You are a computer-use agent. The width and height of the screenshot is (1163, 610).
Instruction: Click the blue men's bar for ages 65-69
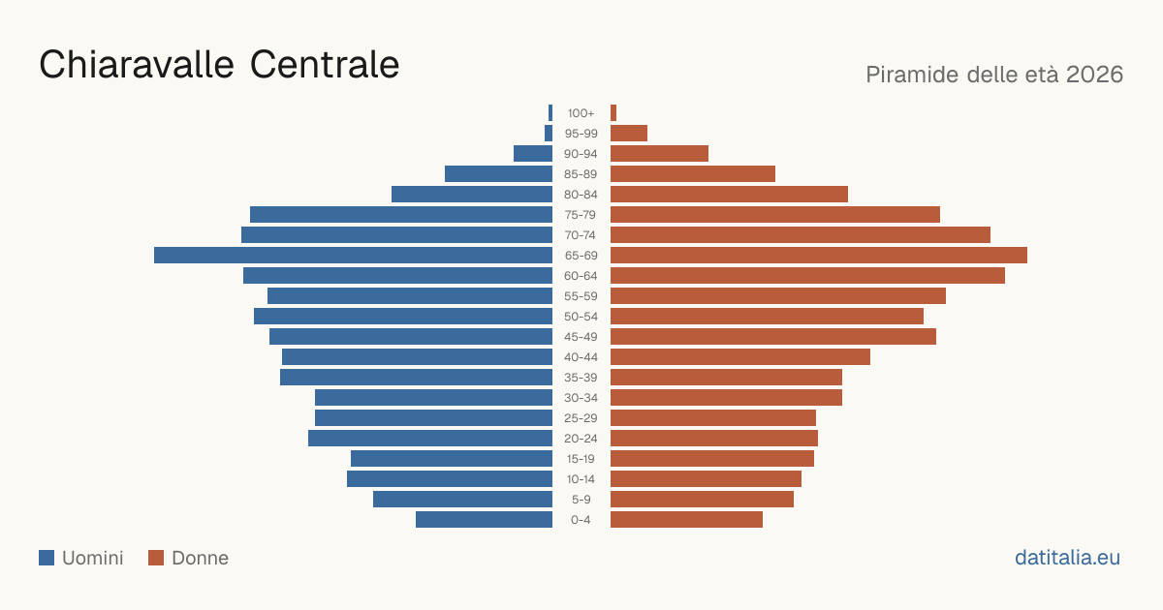pos(353,256)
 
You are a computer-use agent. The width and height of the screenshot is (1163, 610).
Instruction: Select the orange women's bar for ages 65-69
pos(819,256)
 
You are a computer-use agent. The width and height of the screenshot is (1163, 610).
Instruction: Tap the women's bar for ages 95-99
pos(629,134)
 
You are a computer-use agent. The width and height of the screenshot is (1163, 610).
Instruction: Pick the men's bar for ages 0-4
pos(484,519)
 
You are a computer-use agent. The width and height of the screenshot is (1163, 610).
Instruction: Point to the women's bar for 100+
pos(613,113)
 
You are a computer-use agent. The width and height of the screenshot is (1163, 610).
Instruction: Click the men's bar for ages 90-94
pos(533,154)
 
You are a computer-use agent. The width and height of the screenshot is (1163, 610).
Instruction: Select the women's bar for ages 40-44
pos(740,357)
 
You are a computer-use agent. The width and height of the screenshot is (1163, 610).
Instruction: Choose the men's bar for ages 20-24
pos(430,439)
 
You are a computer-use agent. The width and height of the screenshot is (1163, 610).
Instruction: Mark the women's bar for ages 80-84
pos(729,195)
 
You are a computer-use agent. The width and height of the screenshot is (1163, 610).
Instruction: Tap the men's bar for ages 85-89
pos(498,173)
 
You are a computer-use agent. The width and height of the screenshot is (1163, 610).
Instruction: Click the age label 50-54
pos(581,317)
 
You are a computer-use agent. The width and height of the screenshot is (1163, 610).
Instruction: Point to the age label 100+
pos(581,113)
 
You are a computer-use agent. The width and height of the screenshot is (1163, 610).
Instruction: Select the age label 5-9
pos(581,500)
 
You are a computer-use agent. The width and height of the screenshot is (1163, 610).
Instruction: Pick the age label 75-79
pos(581,215)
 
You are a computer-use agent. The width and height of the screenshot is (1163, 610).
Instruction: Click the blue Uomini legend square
pos(47,558)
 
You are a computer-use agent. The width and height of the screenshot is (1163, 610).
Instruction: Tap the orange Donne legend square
pos(156,558)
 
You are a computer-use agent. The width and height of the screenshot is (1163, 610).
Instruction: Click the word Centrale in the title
pos(325,64)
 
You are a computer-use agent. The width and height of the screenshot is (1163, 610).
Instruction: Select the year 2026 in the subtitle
pos(1094,75)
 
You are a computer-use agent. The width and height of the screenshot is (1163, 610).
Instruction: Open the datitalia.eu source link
pos(1067,558)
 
